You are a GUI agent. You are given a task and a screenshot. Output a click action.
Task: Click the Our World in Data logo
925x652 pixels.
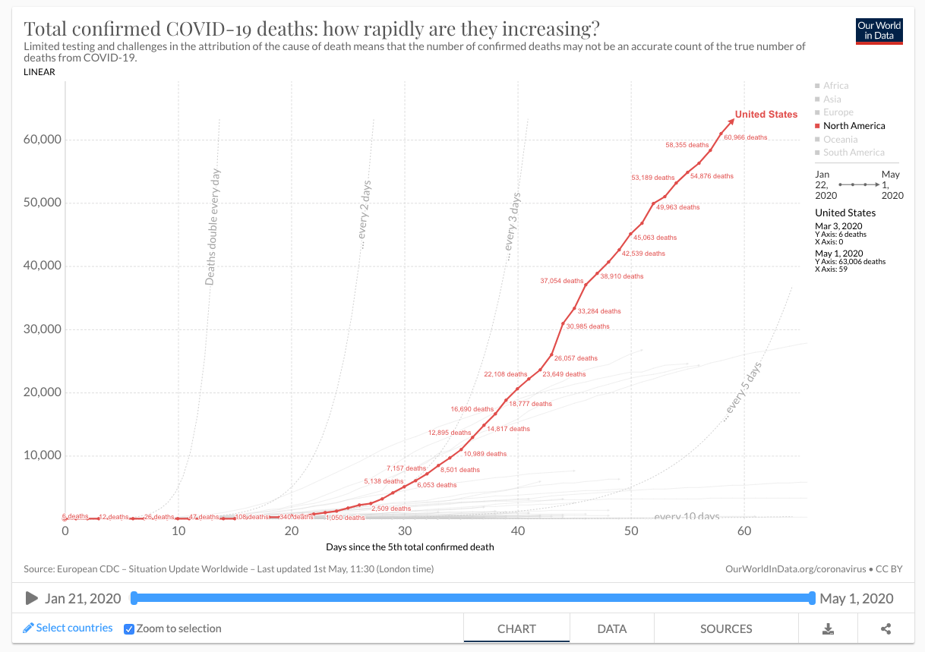pos(879,31)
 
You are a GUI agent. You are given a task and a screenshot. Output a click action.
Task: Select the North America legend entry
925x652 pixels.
pos(854,126)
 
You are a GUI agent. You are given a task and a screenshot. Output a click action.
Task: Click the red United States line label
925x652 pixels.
pos(766,115)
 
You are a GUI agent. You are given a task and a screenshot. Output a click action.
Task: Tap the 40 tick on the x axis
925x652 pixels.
pos(518,531)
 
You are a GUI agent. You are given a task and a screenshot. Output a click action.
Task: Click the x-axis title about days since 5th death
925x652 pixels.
pos(409,546)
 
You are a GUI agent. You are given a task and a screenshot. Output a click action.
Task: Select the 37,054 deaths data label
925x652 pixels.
pos(562,281)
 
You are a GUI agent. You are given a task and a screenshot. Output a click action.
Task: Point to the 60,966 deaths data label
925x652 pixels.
pos(745,137)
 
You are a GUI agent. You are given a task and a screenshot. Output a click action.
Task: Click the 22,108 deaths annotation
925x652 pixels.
pos(505,374)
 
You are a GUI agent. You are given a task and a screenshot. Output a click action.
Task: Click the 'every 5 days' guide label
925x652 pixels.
pos(743,392)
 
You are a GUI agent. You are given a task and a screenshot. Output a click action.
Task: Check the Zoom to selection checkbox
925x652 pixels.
pos(129,628)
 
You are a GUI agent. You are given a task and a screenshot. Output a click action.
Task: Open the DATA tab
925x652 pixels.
pos(611,628)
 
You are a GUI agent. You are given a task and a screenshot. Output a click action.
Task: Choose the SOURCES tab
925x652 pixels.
pos(726,628)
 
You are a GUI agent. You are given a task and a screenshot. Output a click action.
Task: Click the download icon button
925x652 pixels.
pos(829,628)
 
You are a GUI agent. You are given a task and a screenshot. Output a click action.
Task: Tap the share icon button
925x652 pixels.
pos(886,628)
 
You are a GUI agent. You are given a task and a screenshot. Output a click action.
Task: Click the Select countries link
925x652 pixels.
pos(68,628)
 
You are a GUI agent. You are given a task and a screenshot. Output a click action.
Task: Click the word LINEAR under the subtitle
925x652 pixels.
pos(39,72)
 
